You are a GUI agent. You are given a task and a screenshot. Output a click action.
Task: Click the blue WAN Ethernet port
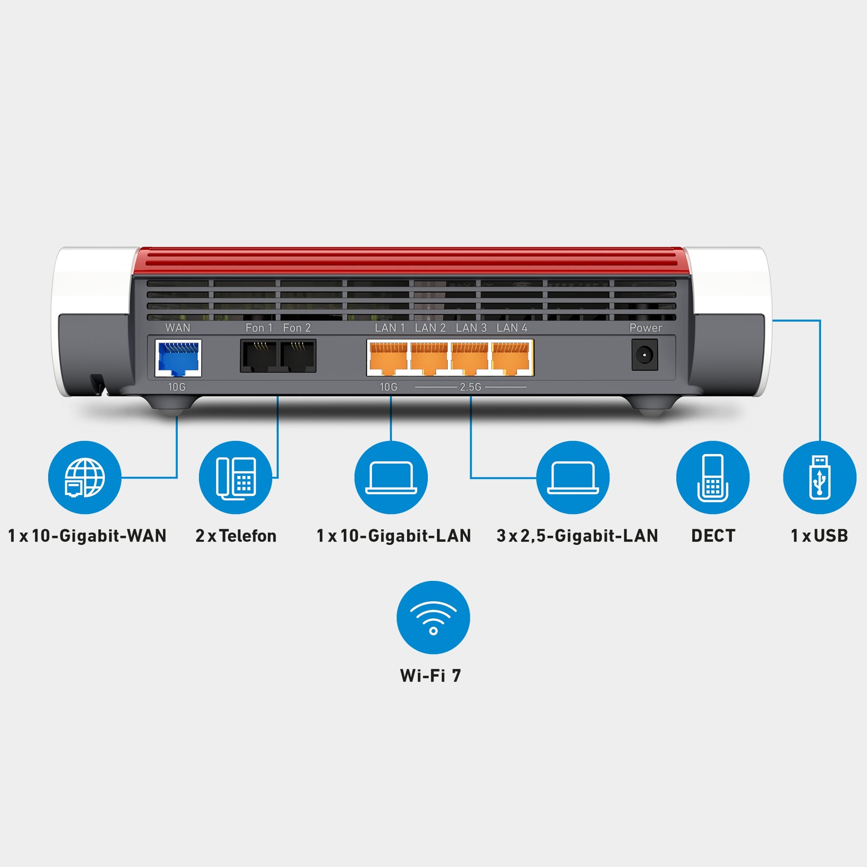178,358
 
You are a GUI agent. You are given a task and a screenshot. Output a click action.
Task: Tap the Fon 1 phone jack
258,356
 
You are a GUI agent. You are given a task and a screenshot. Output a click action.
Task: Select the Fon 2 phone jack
297,356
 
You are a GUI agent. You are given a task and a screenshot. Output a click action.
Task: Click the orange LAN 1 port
388,358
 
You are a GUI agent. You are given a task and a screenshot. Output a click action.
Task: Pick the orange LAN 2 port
429,358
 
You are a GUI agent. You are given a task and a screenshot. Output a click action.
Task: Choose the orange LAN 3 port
469,358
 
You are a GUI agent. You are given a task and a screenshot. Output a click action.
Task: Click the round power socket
645,355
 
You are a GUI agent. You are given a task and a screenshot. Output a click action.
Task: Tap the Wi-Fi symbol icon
433,617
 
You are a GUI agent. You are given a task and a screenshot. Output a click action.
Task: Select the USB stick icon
819,477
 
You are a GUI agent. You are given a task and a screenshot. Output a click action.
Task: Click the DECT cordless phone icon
713,477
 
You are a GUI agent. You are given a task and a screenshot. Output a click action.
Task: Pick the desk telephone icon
235,477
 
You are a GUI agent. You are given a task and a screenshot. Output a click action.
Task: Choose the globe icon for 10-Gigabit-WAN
85,477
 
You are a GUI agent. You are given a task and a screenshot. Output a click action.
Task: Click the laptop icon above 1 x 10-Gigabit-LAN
391,477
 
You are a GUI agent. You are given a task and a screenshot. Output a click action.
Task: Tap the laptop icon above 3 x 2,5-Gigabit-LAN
573,477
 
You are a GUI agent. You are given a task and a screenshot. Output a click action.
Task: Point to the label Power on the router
645,328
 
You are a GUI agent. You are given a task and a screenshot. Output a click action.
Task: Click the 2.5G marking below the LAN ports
470,387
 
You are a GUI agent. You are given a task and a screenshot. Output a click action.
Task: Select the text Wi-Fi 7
430,675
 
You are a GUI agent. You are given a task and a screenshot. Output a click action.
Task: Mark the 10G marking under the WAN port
177,387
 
